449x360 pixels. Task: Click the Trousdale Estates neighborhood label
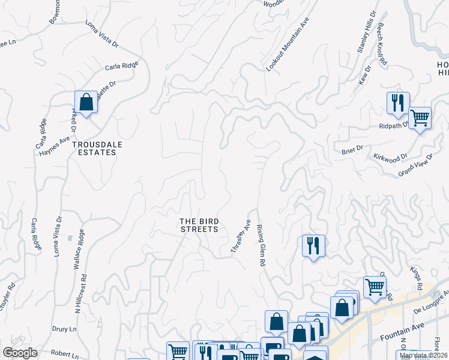click(94, 148)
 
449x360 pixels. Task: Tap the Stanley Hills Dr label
click(366, 32)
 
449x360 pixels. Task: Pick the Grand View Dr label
click(415, 166)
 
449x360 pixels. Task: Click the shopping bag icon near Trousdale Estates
click(86, 103)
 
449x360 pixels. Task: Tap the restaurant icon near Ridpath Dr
click(397, 103)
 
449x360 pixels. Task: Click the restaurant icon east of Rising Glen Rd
click(313, 246)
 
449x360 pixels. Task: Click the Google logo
click(20, 353)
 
